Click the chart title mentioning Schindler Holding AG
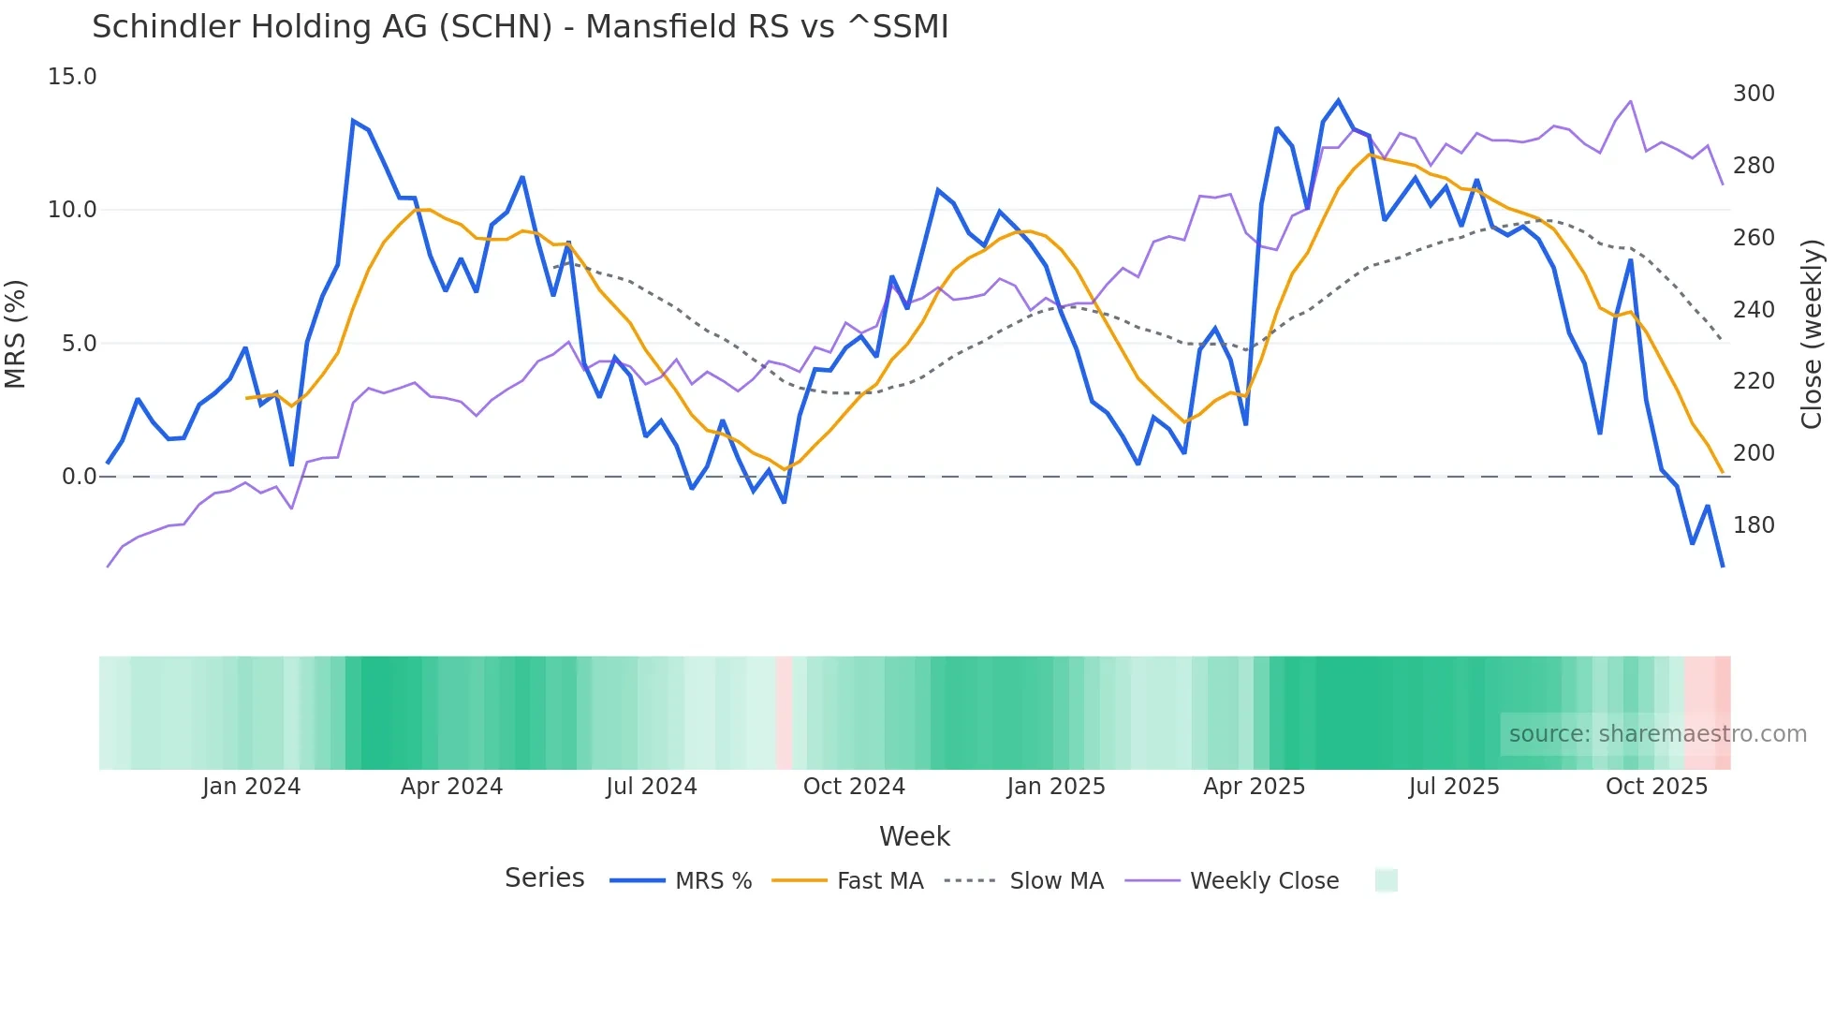point(520,27)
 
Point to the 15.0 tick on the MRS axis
point(72,77)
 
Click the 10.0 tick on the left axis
point(72,210)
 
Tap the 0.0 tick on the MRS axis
point(79,477)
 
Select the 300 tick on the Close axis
point(1754,94)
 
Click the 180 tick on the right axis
point(1754,525)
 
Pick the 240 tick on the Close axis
point(1754,310)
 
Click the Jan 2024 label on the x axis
point(251,787)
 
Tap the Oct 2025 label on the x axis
point(1656,787)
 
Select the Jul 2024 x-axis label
point(652,787)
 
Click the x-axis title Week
point(914,836)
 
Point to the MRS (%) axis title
point(16,333)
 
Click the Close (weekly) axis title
point(1812,334)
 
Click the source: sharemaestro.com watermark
point(1657,734)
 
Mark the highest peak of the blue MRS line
point(1338,100)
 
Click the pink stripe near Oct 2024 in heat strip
point(784,713)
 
